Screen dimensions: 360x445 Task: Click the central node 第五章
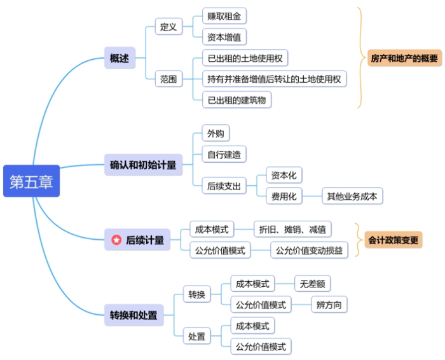[31, 181]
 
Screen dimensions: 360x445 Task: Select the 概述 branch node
[119, 59]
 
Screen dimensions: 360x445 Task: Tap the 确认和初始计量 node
[143, 165]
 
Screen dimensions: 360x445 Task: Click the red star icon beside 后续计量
[116, 240]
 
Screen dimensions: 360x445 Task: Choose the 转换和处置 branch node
[133, 315]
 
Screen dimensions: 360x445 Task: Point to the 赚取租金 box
[224, 16]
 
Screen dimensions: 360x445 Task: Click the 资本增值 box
[224, 37]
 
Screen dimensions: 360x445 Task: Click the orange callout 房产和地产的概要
[404, 59]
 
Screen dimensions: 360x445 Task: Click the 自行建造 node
[224, 154]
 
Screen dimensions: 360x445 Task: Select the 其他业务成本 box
[352, 196]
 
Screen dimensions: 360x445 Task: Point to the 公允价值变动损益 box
[309, 250]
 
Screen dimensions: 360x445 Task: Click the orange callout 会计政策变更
[394, 240]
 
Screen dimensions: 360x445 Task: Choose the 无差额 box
[313, 284]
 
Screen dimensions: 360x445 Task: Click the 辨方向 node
[329, 305]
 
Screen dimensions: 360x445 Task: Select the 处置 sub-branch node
[196, 336]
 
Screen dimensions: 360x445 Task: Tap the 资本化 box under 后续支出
[284, 175]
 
